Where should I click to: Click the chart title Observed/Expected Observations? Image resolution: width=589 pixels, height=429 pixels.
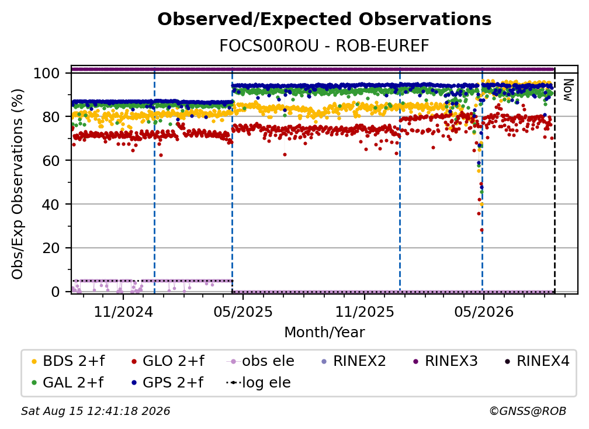tap(324, 19)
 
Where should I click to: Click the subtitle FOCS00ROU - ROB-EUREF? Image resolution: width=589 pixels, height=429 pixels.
tap(324, 46)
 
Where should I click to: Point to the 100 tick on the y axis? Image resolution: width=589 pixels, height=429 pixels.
tap(47, 73)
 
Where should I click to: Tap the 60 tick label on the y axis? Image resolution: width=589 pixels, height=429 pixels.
tap(51, 160)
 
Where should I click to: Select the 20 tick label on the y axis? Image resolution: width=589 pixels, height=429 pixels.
tap(51, 248)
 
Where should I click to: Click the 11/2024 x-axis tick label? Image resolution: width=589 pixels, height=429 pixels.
tap(123, 312)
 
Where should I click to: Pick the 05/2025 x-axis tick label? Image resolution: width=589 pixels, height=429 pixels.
tap(243, 312)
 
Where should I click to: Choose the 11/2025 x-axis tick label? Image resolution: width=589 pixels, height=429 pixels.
tap(365, 312)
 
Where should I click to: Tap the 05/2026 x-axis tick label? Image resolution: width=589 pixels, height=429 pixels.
tap(483, 312)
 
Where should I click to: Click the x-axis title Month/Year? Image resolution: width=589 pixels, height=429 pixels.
tap(324, 333)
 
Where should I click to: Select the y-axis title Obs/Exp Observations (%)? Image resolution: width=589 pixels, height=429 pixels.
tap(18, 184)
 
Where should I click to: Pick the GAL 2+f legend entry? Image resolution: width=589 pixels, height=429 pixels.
tap(68, 383)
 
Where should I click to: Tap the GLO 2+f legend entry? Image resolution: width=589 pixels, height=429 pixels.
tap(168, 361)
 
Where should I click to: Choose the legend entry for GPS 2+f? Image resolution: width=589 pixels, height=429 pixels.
tap(168, 383)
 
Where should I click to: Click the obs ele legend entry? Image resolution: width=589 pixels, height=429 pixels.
tap(261, 361)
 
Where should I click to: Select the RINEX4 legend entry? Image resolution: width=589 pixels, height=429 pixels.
tap(537, 361)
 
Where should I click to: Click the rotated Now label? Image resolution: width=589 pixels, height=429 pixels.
tap(567, 90)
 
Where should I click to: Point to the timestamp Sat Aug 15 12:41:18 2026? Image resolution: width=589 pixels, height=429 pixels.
tap(95, 411)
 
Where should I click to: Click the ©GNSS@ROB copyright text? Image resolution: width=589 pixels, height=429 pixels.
tap(528, 411)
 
